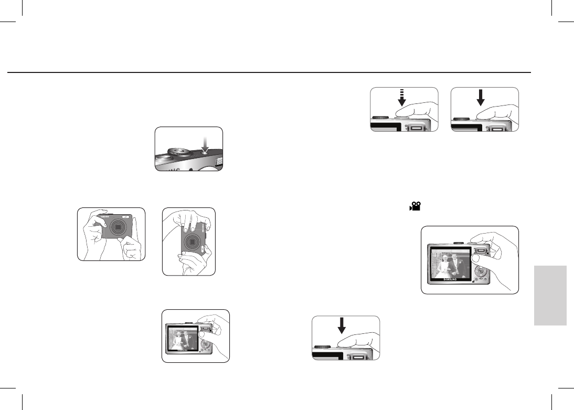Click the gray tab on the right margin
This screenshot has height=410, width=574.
coord(551,296)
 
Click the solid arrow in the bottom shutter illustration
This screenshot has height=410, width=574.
coord(342,325)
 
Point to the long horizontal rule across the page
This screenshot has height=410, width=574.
coord(268,72)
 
